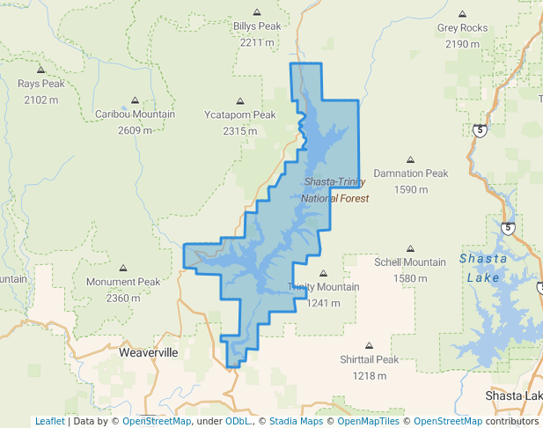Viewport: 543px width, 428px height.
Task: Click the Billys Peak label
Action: point(257,26)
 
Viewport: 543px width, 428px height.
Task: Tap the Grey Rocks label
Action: point(462,28)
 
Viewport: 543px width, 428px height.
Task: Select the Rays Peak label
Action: point(41,84)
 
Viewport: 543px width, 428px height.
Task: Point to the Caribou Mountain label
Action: point(135,114)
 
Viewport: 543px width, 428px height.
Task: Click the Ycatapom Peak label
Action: point(240,114)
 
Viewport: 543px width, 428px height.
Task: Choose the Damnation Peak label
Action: point(411,173)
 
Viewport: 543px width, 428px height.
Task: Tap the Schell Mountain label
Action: point(410,262)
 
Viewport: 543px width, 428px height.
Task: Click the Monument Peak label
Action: point(123,282)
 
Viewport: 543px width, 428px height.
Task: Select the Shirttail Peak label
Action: point(370,359)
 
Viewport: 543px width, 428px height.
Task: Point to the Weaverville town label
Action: point(149,352)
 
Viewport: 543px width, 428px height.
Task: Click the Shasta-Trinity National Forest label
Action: point(335,190)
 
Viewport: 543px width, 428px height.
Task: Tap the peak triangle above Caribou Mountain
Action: point(135,100)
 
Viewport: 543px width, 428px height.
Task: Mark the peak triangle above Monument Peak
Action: point(123,268)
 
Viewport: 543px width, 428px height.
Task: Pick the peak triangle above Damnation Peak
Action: point(410,159)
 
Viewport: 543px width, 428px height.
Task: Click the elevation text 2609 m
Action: point(135,130)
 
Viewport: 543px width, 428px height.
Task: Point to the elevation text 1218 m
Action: point(370,376)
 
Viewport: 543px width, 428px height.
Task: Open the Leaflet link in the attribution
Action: point(49,421)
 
